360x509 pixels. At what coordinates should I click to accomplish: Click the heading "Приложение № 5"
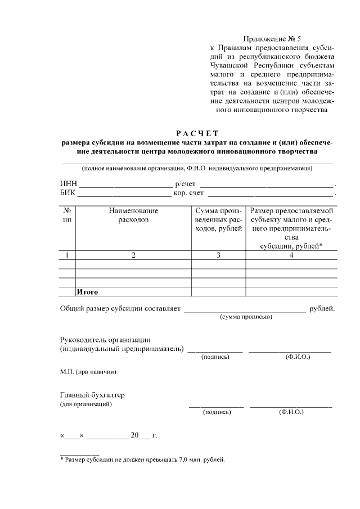point(272,39)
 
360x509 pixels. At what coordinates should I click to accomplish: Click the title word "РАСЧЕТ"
point(196,133)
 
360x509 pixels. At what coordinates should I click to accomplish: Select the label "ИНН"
point(69,183)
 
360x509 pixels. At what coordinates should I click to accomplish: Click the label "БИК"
point(68,193)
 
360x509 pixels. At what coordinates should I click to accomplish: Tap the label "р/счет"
point(185,183)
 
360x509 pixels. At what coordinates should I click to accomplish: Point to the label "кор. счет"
point(188,193)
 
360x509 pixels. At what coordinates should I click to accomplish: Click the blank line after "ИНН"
point(125,184)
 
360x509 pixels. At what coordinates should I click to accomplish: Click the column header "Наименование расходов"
point(133,215)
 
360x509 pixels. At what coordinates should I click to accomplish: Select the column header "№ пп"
point(67,215)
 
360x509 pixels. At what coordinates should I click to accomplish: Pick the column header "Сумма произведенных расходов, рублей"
point(218,219)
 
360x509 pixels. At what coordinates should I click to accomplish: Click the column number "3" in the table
point(218,255)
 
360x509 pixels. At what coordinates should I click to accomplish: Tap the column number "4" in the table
point(291,255)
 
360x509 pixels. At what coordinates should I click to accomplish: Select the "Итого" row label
point(87,292)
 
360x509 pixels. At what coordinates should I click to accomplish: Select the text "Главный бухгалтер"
point(92,395)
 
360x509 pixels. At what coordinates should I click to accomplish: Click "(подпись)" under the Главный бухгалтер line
point(217,412)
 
